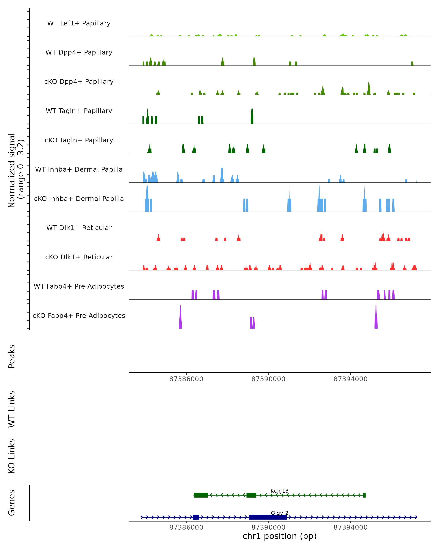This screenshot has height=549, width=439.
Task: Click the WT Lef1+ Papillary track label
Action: click(x=79, y=23)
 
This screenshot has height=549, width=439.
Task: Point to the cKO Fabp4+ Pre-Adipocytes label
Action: click(x=79, y=315)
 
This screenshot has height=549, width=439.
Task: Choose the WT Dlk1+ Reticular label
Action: click(x=79, y=228)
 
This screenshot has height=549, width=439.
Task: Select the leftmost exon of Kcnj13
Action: click(x=200, y=495)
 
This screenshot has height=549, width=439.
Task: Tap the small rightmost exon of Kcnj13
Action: click(x=364, y=495)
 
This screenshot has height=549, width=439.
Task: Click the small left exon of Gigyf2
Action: click(x=196, y=517)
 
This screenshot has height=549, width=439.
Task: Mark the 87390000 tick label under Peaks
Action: click(x=268, y=379)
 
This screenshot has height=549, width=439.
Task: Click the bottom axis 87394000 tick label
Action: click(x=350, y=527)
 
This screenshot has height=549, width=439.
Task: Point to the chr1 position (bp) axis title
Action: click(x=279, y=536)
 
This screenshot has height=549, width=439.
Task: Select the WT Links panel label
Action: click(x=12, y=409)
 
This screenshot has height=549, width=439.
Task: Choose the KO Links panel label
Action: click(x=12, y=456)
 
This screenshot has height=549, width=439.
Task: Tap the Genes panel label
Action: click(x=12, y=503)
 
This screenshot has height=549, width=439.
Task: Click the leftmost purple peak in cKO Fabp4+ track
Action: click(x=180, y=318)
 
